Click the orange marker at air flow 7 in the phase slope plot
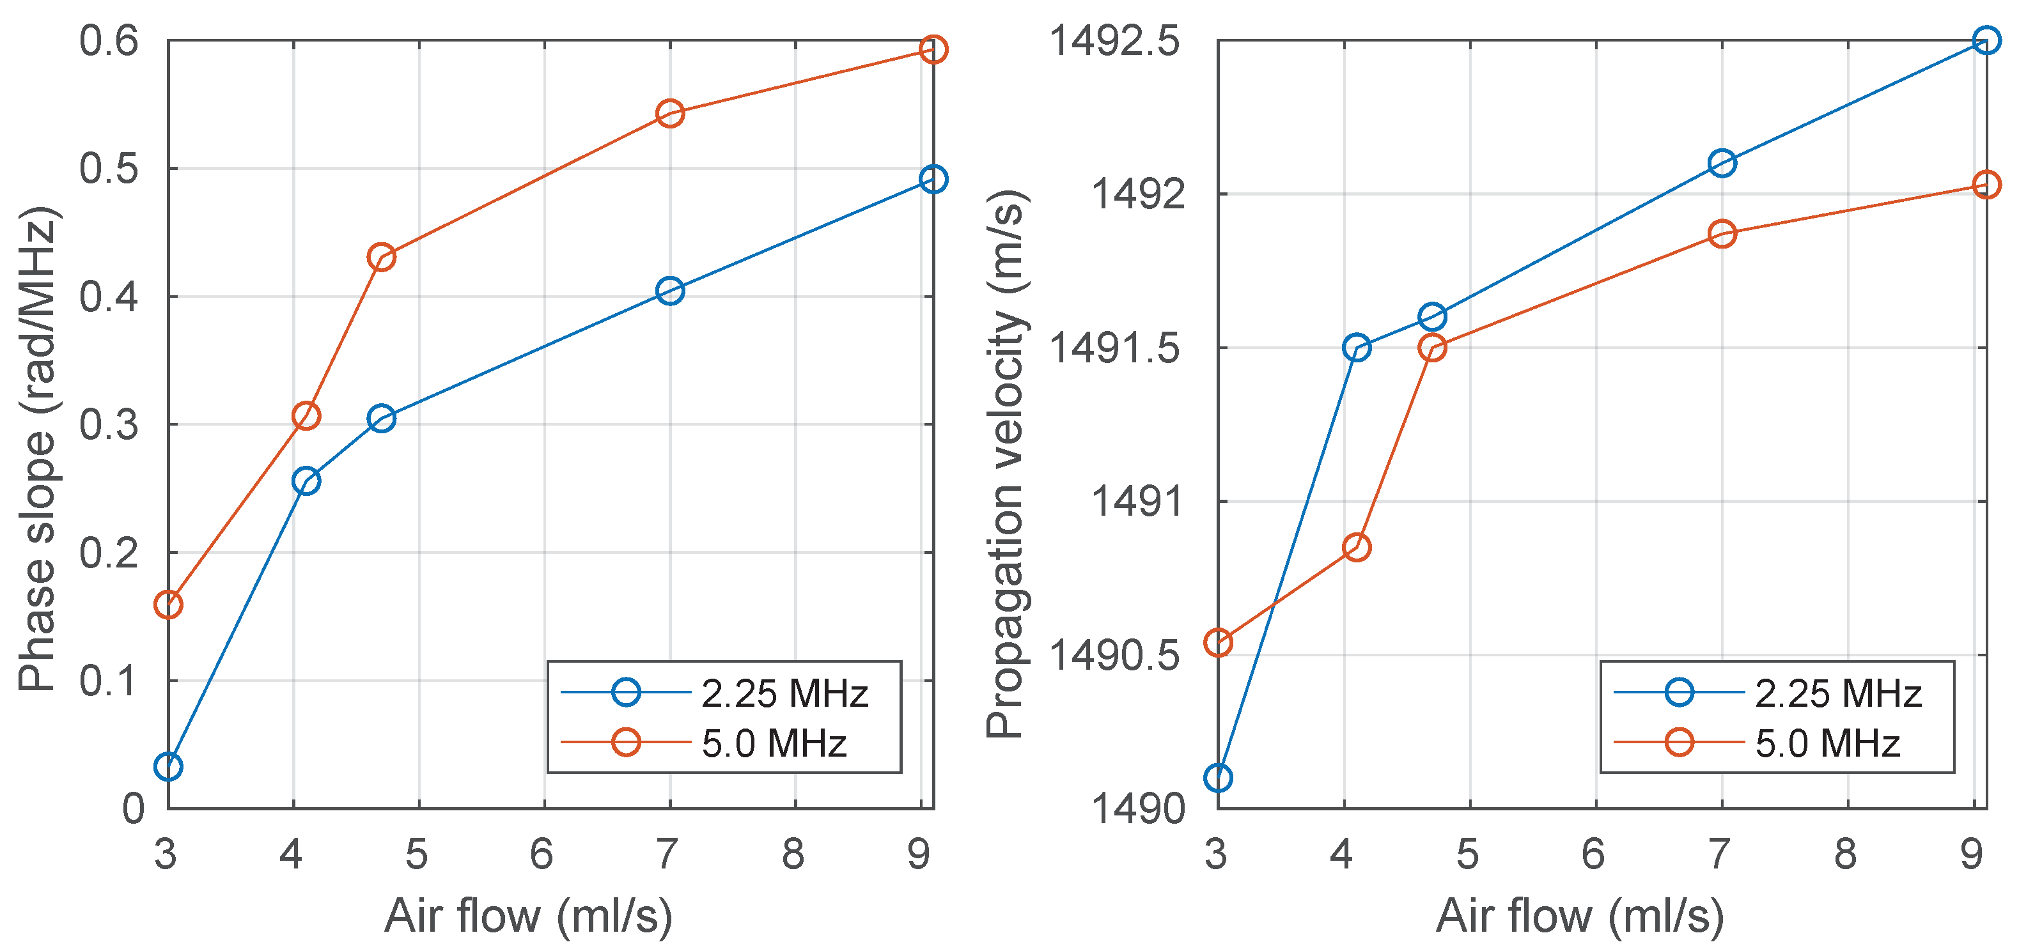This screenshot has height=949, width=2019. coord(669,113)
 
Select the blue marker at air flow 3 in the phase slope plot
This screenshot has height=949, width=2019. coord(169,766)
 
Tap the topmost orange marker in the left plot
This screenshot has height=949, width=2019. coord(932,49)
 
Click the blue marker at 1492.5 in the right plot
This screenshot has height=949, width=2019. coord(1985,40)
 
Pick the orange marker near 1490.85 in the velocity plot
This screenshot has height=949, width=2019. coord(1356,547)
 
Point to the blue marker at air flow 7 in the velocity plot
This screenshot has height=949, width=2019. coord(1721,163)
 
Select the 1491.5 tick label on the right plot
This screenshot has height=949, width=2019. coord(1114,348)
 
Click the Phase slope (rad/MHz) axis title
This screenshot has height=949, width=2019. coord(37,449)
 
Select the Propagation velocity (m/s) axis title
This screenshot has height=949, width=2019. coord(1006,464)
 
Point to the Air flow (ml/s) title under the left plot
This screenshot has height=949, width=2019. coord(528,915)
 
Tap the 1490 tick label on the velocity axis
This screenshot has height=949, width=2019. coord(1137,808)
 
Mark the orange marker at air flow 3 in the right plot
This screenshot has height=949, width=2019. coord(1218,643)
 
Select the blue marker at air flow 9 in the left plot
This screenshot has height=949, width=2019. coord(932,179)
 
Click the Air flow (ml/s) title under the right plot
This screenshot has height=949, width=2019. coord(1579,915)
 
